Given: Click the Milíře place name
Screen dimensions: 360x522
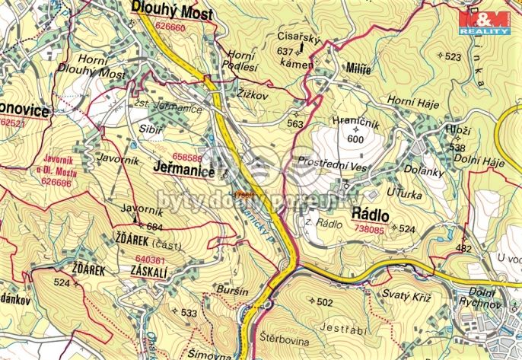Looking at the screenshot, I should (x=358, y=68).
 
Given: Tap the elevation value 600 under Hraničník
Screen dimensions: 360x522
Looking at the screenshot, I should (x=355, y=139).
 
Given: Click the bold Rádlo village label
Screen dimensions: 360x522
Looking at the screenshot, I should (x=371, y=215).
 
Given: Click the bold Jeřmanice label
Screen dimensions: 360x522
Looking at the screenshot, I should (x=183, y=171).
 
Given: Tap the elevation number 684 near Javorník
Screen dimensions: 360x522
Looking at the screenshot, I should (x=154, y=228).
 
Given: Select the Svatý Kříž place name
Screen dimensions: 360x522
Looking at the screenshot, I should (x=406, y=295).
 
